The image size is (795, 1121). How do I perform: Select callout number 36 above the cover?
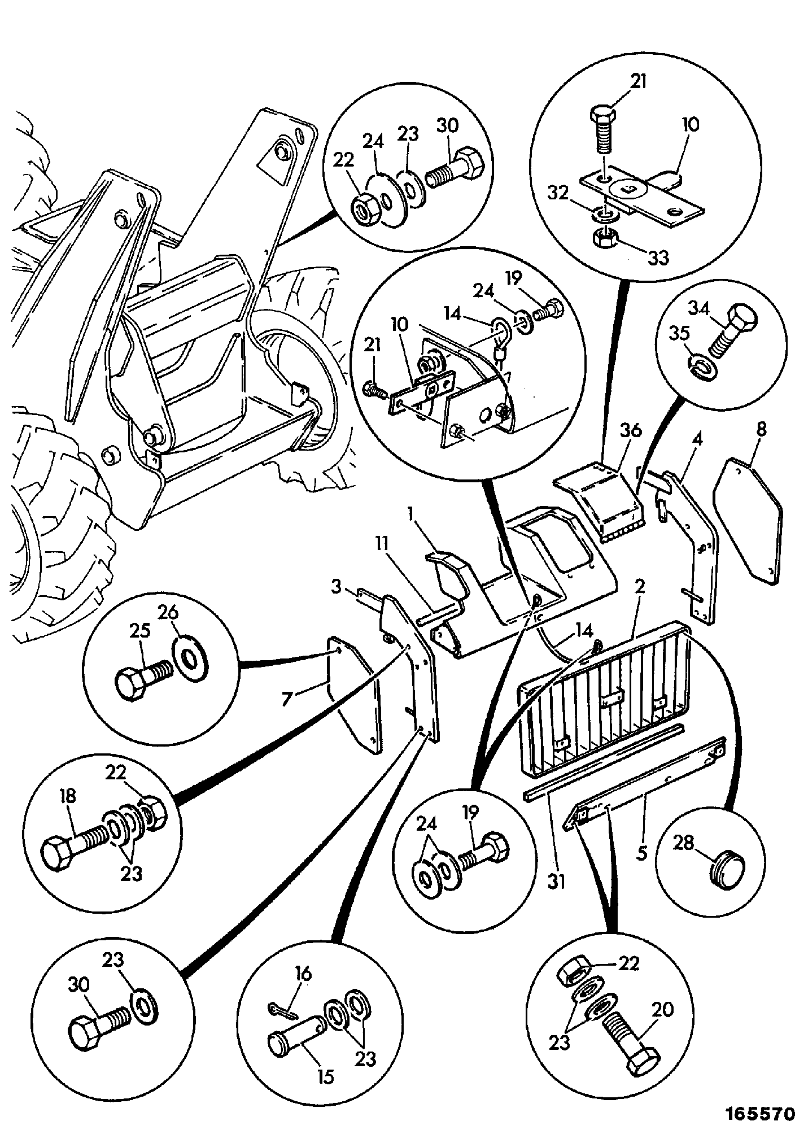[631, 431]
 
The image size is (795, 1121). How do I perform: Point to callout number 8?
[761, 430]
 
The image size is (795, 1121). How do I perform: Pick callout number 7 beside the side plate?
[288, 699]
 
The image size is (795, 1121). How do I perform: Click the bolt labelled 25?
[141, 671]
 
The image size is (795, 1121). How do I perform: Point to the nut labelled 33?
[605, 239]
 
